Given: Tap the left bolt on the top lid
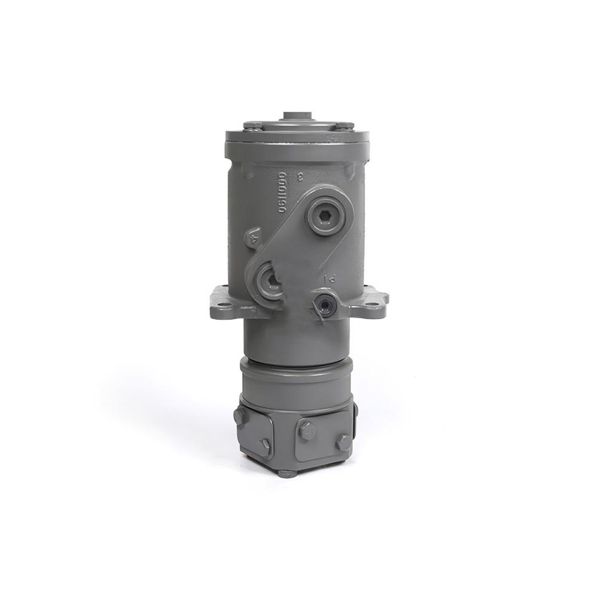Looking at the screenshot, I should coord(252,125).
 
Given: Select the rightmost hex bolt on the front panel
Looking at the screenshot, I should coord(343,443).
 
